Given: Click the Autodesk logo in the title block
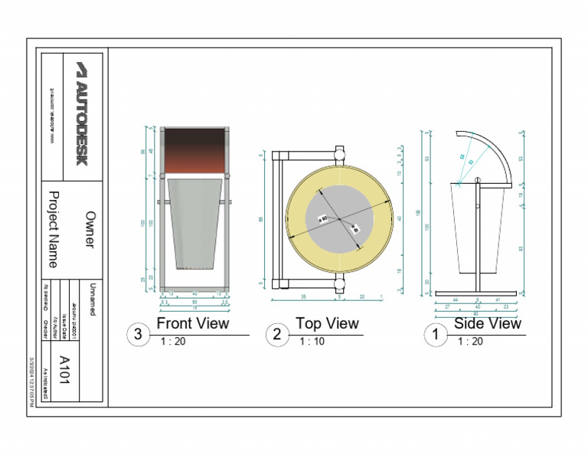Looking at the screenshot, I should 82,113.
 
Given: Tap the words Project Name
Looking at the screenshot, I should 54,230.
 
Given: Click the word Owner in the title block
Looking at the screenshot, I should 90,230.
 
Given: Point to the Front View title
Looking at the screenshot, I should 192,324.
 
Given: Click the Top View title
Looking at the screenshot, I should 327,324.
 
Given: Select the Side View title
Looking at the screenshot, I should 487,324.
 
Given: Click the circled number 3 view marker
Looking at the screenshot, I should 138,335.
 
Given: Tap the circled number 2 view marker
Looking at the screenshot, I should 277,335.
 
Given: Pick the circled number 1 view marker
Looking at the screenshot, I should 436,335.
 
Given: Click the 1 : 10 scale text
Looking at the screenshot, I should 312,342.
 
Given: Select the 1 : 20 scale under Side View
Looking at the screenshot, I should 470,342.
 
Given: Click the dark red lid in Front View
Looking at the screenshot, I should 194,149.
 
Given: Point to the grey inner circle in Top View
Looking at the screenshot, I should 338,220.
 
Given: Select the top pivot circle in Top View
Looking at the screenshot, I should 339,152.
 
